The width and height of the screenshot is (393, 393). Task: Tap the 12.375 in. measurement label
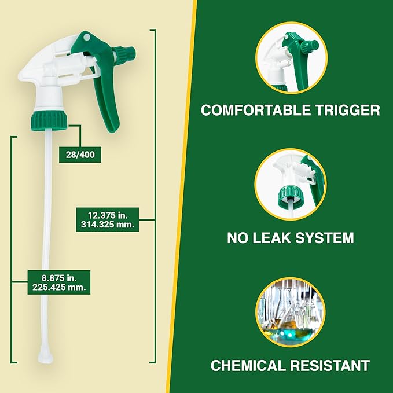[x=107, y=215]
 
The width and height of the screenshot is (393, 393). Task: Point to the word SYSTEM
[x=330, y=237]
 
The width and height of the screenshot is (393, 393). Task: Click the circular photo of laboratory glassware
[x=291, y=313]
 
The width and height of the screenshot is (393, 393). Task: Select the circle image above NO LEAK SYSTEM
[x=291, y=184]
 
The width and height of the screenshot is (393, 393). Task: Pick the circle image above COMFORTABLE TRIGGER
[x=291, y=57]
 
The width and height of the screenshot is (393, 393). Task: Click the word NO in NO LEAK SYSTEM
[x=240, y=237]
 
